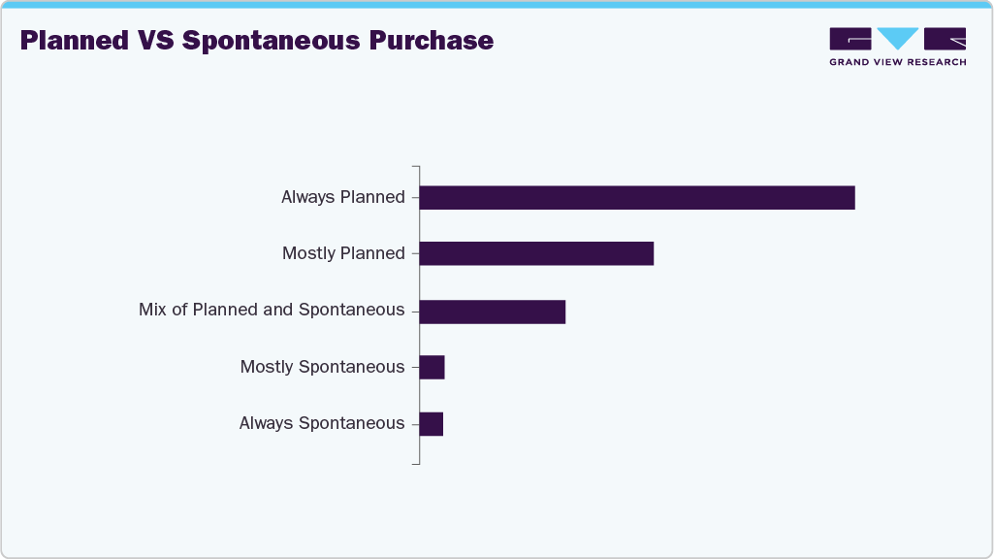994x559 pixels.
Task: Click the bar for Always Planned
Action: click(x=636, y=197)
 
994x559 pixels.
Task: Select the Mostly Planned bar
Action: click(x=536, y=253)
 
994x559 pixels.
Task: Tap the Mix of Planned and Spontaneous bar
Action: click(x=492, y=311)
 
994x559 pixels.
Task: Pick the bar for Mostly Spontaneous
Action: click(x=432, y=367)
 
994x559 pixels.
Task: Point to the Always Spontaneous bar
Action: click(x=431, y=423)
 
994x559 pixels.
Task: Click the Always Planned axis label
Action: click(x=342, y=197)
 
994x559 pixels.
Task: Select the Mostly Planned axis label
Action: click(x=342, y=253)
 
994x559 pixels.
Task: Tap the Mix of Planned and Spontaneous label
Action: click(x=272, y=310)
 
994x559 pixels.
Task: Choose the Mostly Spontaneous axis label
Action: click(x=322, y=367)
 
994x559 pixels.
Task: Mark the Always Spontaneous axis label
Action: click(x=321, y=423)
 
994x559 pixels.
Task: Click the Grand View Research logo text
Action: click(x=897, y=62)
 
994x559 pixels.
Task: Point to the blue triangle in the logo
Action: click(x=897, y=38)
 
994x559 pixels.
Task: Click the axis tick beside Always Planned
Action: click(x=415, y=197)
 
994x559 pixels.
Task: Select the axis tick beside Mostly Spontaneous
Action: click(x=415, y=367)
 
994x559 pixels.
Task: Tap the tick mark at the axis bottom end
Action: click(x=415, y=463)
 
